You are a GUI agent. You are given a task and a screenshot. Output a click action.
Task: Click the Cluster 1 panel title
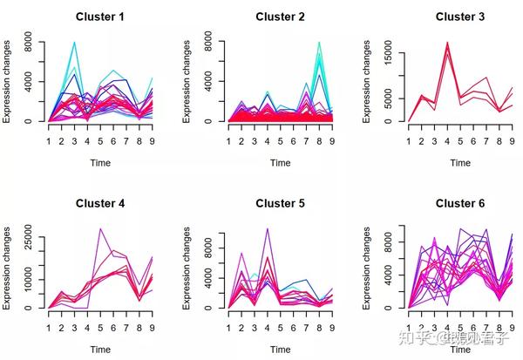99,17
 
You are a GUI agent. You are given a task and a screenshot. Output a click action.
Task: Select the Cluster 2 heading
280,17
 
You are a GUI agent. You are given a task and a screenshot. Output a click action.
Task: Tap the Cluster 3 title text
459,17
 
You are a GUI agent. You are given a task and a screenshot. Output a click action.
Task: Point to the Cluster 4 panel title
99,204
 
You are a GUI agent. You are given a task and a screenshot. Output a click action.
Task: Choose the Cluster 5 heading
280,204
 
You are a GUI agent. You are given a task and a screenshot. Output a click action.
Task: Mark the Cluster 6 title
459,204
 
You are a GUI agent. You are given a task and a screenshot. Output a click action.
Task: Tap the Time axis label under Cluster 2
280,163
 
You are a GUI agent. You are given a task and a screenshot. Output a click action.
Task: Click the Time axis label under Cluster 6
459,350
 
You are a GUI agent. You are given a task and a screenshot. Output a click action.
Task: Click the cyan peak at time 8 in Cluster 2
319,43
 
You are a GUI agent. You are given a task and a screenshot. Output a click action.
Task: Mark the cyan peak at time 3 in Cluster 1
74,43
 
